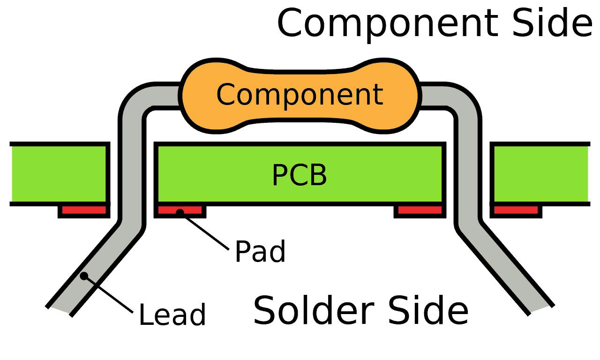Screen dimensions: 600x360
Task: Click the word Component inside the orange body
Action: pos(300,95)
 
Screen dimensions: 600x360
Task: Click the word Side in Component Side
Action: pos(552,22)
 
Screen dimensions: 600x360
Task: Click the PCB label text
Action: pos(300,175)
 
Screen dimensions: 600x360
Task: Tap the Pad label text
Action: pos(260,251)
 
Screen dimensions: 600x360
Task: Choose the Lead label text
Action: pos(172,314)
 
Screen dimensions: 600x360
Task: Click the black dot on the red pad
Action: pos(180,213)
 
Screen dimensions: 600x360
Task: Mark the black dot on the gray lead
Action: pos(84,276)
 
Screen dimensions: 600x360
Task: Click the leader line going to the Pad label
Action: pos(205,232)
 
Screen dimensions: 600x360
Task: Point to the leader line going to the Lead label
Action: pos(109,294)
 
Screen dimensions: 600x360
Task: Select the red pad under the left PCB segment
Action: pos(84,210)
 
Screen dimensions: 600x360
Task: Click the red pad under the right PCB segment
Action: pos(516,210)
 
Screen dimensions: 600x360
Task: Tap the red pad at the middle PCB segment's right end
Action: pos(420,210)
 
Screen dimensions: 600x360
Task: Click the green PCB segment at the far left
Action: pos(59,174)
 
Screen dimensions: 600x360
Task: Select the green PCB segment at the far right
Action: pos(541,174)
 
